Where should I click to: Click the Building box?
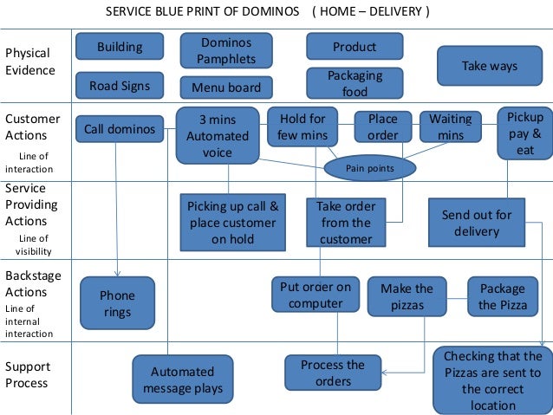pos(120,47)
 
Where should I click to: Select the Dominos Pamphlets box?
pos(226,51)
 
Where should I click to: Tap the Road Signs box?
pos(120,86)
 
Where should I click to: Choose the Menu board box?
pos(226,88)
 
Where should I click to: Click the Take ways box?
pos(489,66)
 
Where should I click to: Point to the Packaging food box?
pos(355,84)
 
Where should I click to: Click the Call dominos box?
pos(120,130)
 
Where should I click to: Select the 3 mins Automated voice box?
pos(218,135)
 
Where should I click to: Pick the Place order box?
pos(383,126)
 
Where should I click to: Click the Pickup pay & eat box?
pos(525,133)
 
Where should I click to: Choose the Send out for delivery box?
pos(477,224)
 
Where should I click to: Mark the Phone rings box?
pos(118,304)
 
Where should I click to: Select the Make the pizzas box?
pos(407,296)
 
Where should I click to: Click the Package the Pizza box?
pos(503,296)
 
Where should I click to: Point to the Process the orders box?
pos(333,373)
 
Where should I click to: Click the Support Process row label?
pos(27,374)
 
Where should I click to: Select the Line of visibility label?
pos(34,244)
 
